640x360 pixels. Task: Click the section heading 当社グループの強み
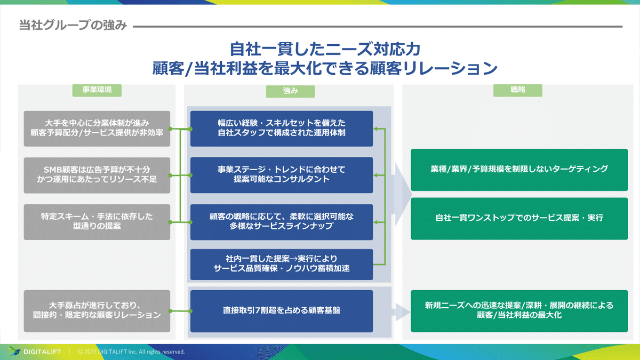click(73, 26)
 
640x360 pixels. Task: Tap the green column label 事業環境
click(97, 90)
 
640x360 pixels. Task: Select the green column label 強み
click(290, 91)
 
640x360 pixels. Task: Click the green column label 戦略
click(517, 90)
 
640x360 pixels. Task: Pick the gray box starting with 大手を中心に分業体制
click(97, 129)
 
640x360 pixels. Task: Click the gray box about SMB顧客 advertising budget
click(97, 175)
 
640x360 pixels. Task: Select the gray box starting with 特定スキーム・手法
click(97, 221)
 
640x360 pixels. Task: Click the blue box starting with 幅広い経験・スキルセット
click(281, 129)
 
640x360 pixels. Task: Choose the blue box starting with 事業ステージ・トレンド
click(281, 175)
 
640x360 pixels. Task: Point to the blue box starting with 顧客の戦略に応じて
click(281, 221)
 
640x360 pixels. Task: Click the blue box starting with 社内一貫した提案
click(281, 264)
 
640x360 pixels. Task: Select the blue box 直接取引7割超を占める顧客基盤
click(281, 310)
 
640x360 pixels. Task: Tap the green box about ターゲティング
click(519, 169)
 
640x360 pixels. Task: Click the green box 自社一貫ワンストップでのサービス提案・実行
click(519, 218)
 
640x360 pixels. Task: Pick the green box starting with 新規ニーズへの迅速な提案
click(519, 310)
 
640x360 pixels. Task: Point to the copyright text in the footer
click(131, 352)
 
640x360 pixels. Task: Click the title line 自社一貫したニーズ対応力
click(325, 50)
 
